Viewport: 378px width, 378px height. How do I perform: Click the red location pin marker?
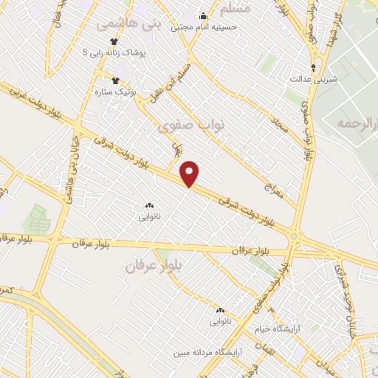[x=190, y=173]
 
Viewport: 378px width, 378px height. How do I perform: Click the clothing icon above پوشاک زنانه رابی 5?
[x=114, y=41]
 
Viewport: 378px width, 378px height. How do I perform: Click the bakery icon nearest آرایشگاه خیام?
[x=220, y=310]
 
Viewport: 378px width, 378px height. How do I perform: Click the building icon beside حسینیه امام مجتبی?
[x=204, y=16]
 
